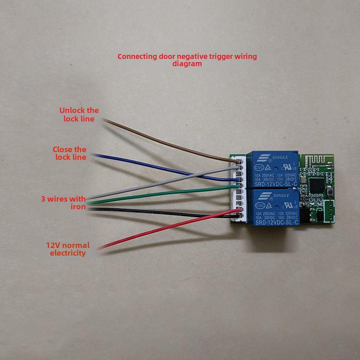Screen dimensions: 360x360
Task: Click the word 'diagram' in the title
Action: click(187, 64)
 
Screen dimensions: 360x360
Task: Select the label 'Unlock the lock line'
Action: click(79, 115)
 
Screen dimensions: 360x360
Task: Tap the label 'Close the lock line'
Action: click(70, 153)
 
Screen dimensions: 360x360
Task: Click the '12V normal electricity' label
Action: click(68, 249)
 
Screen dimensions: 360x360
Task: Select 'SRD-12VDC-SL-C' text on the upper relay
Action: click(275, 184)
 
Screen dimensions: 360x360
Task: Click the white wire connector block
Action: click(240, 189)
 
